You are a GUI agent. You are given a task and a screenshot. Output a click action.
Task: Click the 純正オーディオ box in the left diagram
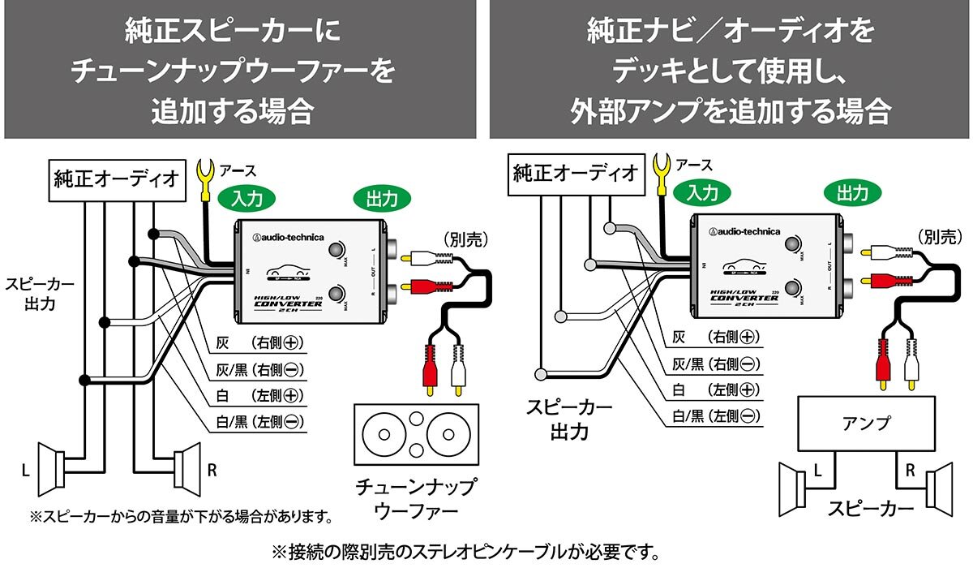point(115,178)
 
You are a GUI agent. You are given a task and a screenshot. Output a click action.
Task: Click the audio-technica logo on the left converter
point(289,237)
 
